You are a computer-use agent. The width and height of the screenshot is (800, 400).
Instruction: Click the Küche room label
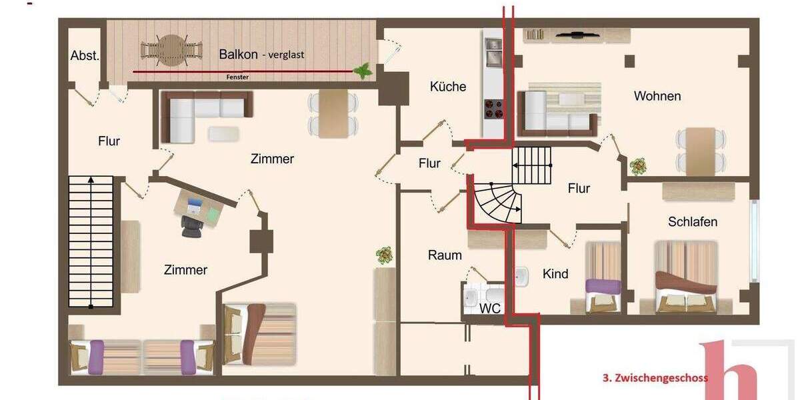tap(448, 87)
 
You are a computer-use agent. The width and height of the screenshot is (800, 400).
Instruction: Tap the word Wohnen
tap(657, 96)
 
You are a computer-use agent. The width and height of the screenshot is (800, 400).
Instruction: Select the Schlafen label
tap(693, 222)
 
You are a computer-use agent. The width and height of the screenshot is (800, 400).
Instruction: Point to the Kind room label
tap(555, 274)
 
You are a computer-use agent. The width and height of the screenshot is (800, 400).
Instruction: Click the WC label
tap(490, 309)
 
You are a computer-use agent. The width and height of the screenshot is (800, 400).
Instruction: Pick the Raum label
tap(445, 255)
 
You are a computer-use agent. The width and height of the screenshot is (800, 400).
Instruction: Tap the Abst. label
tap(85, 56)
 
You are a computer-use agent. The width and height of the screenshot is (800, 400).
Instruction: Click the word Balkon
tap(239, 54)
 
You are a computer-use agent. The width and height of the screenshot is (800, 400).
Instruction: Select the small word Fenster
tap(237, 77)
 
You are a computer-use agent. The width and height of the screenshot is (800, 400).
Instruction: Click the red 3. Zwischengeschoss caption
tap(655, 377)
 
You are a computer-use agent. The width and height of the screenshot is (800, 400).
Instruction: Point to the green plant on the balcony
tap(363, 69)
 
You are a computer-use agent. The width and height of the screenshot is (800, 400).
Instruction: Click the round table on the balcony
tap(171, 50)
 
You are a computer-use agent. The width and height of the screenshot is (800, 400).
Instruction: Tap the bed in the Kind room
tap(603, 278)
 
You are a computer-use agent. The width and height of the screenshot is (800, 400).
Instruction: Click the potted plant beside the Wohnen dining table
tap(639, 165)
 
